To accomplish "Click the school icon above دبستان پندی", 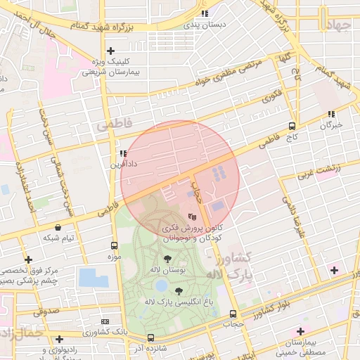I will [x=205, y=13].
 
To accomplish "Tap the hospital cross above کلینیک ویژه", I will [x=110, y=51].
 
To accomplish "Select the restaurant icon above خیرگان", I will [x=330, y=114].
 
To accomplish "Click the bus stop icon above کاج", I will [x=291, y=126].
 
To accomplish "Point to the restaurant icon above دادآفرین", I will [x=123, y=153].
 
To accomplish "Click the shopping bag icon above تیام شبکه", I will [x=58, y=228].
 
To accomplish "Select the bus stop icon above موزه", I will [x=114, y=245].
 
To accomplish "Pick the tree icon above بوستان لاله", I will [x=167, y=259].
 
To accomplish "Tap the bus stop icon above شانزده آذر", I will [x=150, y=337].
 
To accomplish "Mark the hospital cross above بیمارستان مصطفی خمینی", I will [x=301, y=330].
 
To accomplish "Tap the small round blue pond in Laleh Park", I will [x=162, y=285].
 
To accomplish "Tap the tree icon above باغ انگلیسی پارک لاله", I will [x=179, y=290].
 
